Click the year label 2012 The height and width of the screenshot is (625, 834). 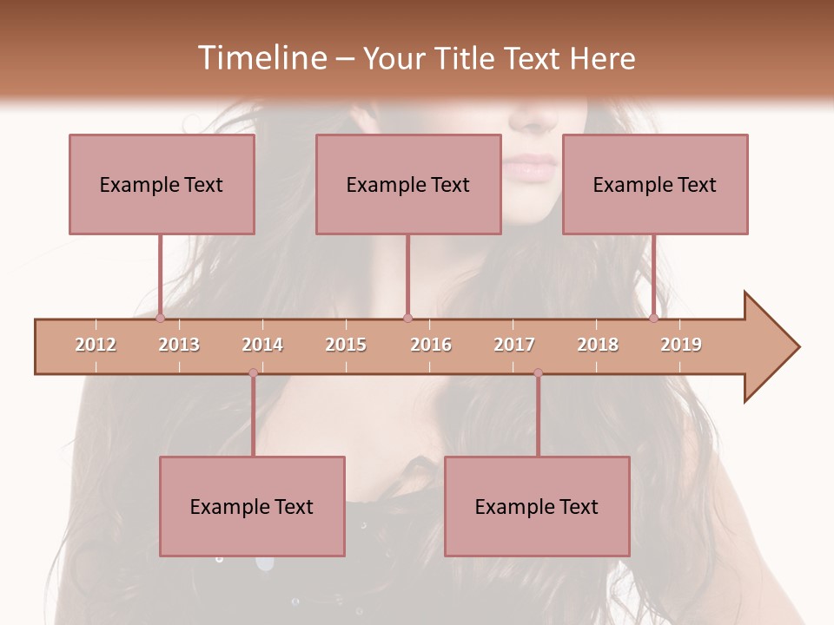pyautogui.click(x=96, y=345)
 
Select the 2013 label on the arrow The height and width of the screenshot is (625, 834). pyautogui.click(x=179, y=345)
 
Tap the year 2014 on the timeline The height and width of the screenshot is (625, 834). pyautogui.click(x=262, y=345)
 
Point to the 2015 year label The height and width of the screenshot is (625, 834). pyautogui.click(x=346, y=345)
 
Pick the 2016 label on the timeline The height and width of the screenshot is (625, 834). pyautogui.click(x=431, y=345)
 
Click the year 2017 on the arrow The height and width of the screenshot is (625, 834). pyautogui.click(x=514, y=345)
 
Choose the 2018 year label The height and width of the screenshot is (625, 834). pyautogui.click(x=598, y=345)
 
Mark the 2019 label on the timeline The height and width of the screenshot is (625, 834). pyautogui.click(x=681, y=345)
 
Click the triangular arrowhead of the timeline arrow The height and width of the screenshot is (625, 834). pyautogui.click(x=769, y=347)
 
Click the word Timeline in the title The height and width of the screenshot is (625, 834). pyautogui.click(x=262, y=58)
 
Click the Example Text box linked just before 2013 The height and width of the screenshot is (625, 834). pyautogui.click(x=162, y=184)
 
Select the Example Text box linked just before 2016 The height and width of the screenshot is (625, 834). pyautogui.click(x=408, y=184)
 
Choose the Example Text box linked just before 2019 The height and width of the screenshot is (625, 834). pyautogui.click(x=655, y=184)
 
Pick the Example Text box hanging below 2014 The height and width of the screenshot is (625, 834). pyautogui.click(x=252, y=506)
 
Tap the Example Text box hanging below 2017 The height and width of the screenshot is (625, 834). pyautogui.click(x=537, y=506)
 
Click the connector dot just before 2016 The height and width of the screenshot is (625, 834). pyautogui.click(x=407, y=319)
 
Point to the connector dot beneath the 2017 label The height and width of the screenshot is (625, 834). pyautogui.click(x=538, y=373)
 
